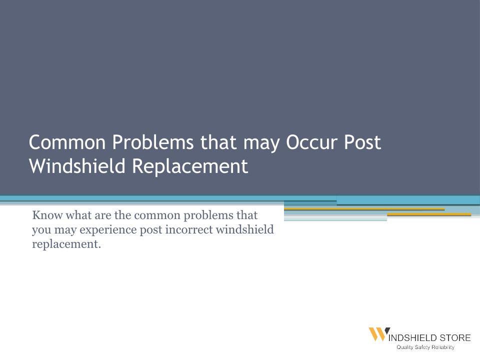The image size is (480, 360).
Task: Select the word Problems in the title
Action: tap(153, 142)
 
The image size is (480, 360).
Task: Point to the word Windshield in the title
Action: tap(77, 166)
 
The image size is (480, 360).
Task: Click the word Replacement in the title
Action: tap(190, 166)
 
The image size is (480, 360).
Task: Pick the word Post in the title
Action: tap(362, 142)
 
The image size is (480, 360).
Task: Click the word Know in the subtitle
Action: tap(47, 215)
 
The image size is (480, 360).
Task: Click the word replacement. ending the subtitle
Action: tap(66, 244)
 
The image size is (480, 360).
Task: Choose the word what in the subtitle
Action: tap(78, 215)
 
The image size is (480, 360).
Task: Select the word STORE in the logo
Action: tap(455, 338)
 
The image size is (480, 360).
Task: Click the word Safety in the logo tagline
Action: tap(422, 347)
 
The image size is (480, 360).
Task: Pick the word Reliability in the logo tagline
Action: tap(443, 347)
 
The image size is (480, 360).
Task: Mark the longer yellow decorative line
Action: tap(364, 209)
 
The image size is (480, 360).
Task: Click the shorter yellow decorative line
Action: tap(429, 214)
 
